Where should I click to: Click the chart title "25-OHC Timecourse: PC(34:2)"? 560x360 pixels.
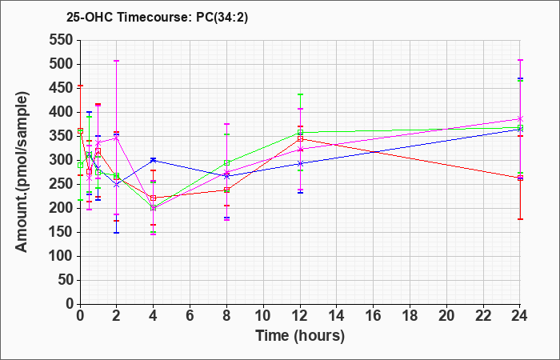(x=157, y=18)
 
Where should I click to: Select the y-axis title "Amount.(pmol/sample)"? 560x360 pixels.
(x=22, y=172)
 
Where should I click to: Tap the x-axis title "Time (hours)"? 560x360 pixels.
(x=300, y=336)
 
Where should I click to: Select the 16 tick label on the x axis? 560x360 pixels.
(x=374, y=316)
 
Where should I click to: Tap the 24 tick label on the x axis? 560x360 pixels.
(x=519, y=316)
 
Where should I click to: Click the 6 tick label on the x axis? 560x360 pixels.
(x=190, y=316)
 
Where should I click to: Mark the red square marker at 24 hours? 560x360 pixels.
(x=520, y=178)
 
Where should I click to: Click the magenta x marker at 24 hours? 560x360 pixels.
(x=520, y=119)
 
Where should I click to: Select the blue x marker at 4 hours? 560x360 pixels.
(x=154, y=160)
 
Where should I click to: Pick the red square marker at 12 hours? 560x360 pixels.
(x=300, y=139)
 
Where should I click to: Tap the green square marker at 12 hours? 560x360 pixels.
(x=300, y=133)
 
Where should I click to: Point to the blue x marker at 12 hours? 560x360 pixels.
(x=300, y=163)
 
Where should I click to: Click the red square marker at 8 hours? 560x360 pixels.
(x=226, y=190)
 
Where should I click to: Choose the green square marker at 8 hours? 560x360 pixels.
(x=226, y=163)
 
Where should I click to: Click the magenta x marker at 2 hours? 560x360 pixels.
(x=116, y=138)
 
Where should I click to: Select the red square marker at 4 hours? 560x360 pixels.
(x=154, y=198)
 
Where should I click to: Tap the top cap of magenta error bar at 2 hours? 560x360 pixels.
(x=116, y=61)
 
